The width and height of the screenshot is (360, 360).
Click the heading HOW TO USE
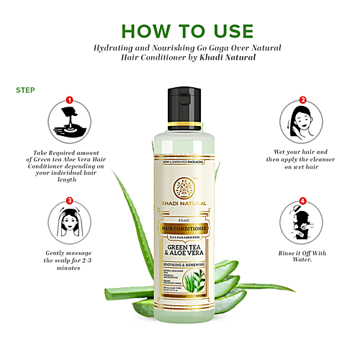(x=186, y=31)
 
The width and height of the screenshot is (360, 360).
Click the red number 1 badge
(x=69, y=101)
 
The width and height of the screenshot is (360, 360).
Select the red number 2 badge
(x=303, y=101)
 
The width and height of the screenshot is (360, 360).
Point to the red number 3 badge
(x=69, y=201)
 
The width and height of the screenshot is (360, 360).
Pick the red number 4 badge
(x=303, y=201)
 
